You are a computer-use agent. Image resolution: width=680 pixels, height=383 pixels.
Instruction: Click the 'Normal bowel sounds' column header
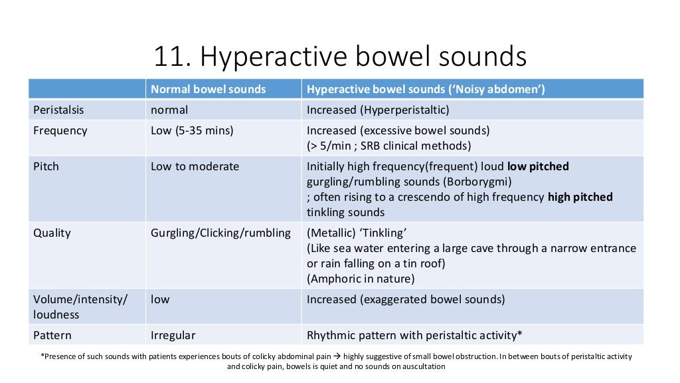208,89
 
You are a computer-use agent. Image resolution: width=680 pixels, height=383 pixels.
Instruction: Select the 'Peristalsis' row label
59,110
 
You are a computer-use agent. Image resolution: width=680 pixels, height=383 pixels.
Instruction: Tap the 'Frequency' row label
60,130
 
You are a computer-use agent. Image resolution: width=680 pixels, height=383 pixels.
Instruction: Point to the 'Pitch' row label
46,166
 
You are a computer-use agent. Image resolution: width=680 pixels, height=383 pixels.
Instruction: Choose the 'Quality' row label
52,233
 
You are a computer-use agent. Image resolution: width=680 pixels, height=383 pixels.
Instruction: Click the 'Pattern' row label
52,335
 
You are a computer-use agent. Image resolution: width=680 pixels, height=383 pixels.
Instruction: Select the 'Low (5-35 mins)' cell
192,130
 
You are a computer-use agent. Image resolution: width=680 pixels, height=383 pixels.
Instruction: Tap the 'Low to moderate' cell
195,166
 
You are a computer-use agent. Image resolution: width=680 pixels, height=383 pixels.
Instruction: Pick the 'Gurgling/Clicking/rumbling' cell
220,233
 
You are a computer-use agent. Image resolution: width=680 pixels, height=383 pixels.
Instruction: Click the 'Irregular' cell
173,335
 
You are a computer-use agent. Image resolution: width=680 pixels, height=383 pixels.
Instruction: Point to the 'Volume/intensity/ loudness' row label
80,307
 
